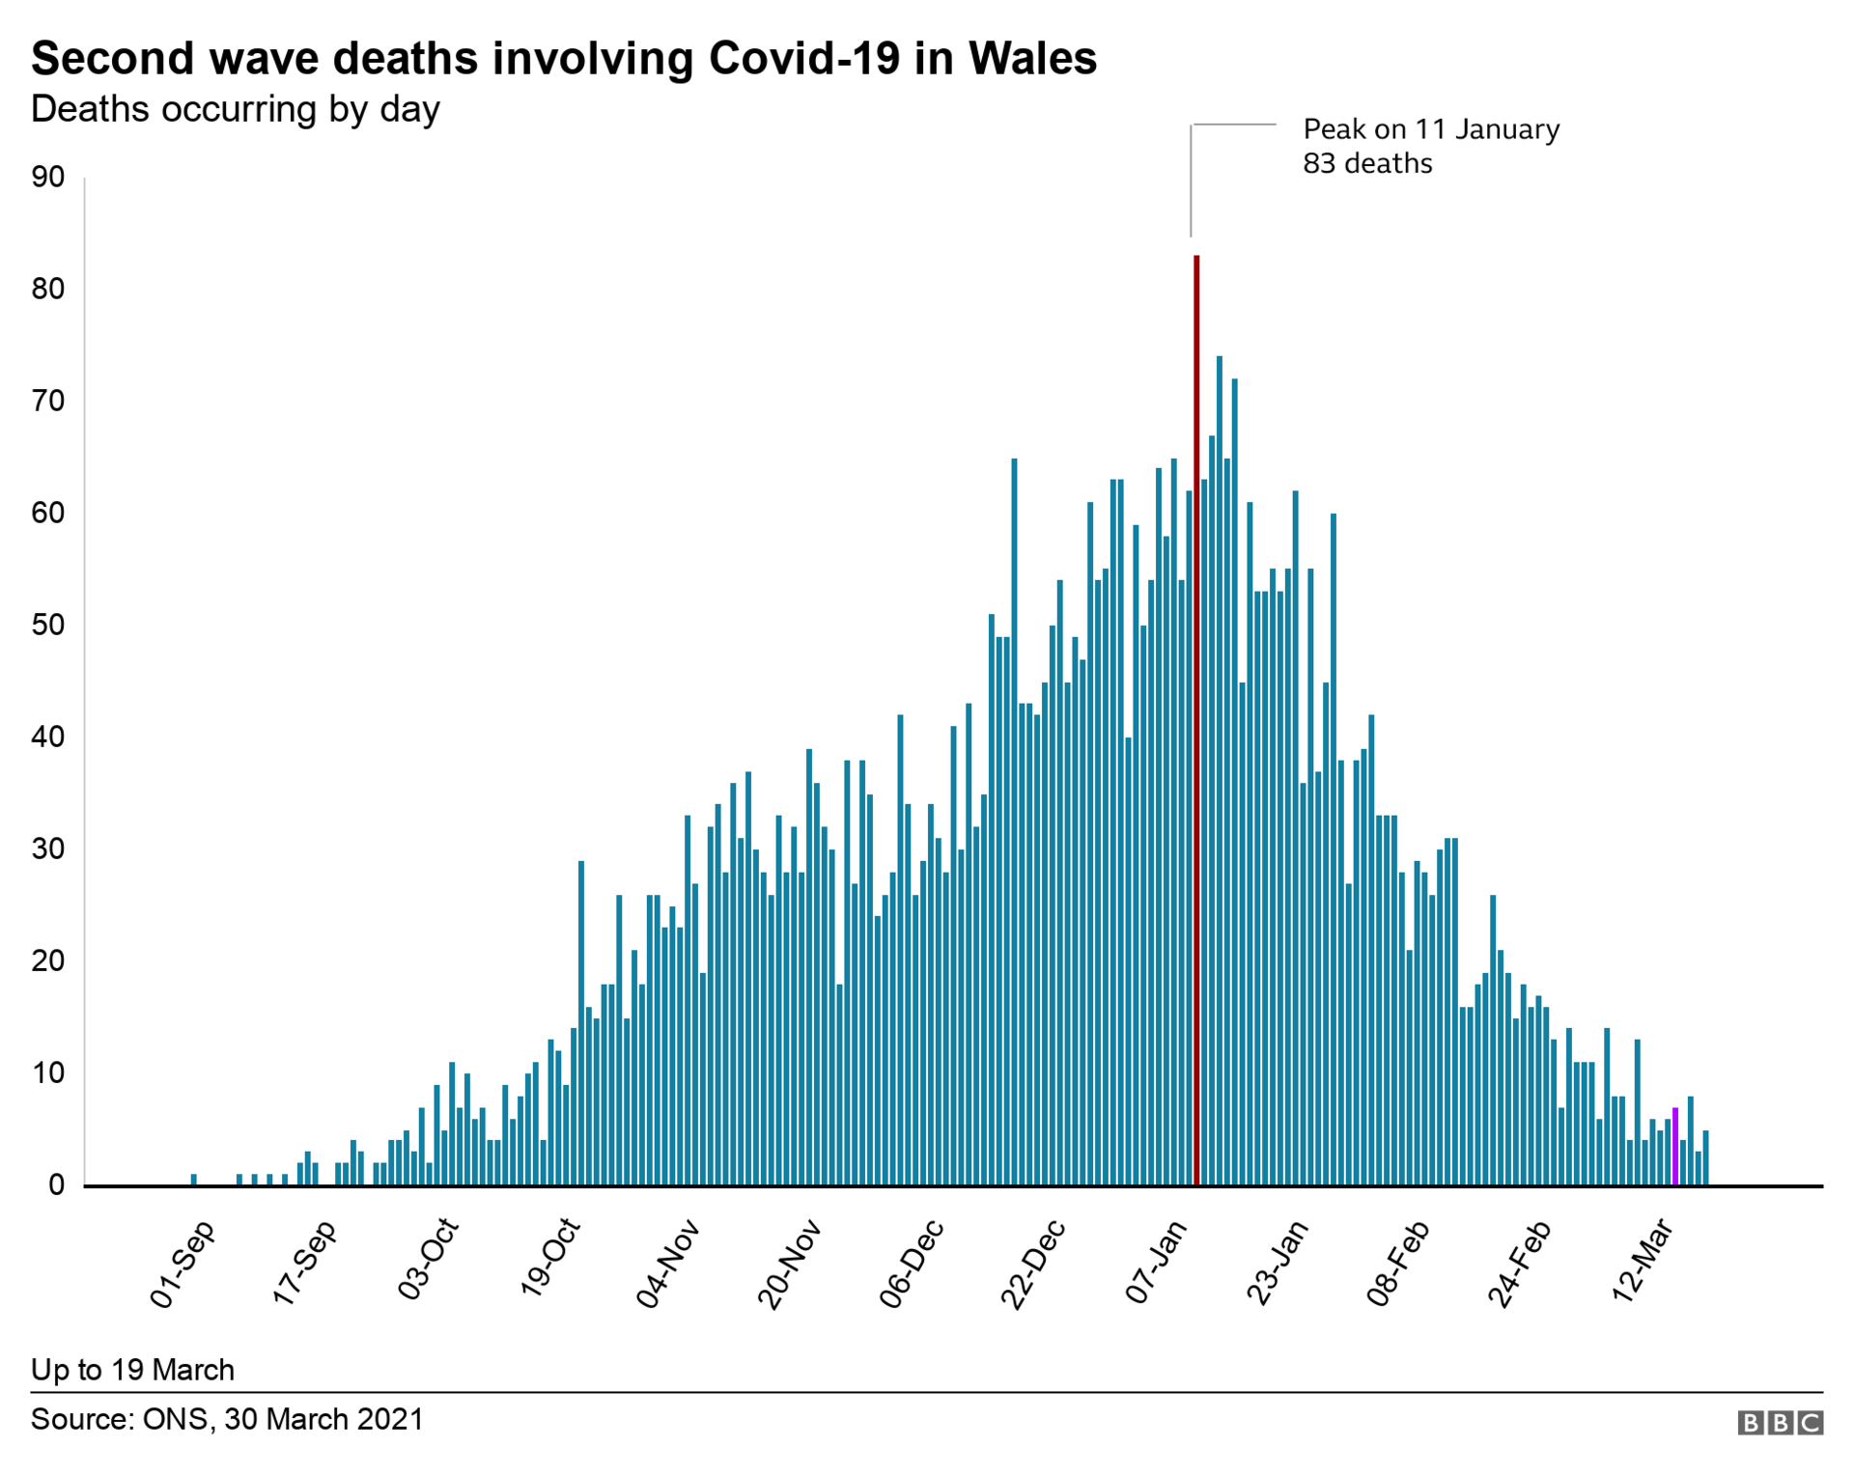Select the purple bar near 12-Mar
(1675, 1147)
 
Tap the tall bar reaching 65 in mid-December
(1014, 821)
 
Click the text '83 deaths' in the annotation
(1367, 164)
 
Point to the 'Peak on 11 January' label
(1431, 129)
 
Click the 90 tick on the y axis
(47, 178)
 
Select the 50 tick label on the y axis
(47, 626)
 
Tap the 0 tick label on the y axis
(56, 1185)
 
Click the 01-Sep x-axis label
(183, 1266)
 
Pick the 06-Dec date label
(912, 1265)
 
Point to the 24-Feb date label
(1519, 1265)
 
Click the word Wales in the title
(1032, 58)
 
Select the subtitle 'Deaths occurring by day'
(236, 109)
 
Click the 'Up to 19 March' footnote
(132, 1370)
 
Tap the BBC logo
(1780, 1423)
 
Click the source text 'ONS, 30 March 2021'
(283, 1420)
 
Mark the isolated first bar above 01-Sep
(194, 1180)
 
